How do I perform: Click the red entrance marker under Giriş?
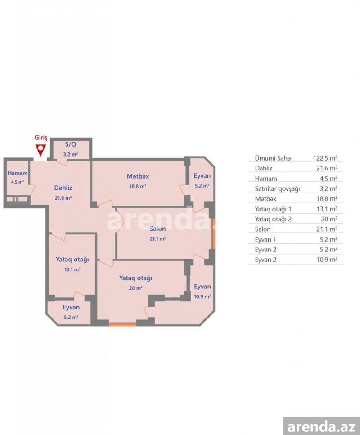click(x=41, y=150)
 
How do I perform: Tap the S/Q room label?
click(x=71, y=144)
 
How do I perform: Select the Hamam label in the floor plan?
click(x=18, y=173)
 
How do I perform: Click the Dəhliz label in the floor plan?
click(x=63, y=188)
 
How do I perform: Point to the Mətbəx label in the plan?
click(x=138, y=176)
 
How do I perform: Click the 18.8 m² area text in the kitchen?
click(x=138, y=186)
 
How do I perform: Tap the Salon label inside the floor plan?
click(x=157, y=229)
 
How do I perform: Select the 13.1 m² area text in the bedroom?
click(x=72, y=269)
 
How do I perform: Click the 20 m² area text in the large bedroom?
click(x=136, y=288)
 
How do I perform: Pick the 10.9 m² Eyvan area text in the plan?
click(x=202, y=296)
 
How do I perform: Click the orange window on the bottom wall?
click(x=123, y=324)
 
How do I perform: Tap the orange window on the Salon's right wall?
click(x=213, y=233)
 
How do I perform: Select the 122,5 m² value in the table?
click(x=325, y=158)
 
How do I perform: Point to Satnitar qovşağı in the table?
click(x=277, y=189)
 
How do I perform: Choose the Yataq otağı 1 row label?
click(x=273, y=209)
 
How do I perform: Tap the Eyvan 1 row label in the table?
click(x=265, y=239)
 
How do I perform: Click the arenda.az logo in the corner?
click(x=322, y=426)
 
